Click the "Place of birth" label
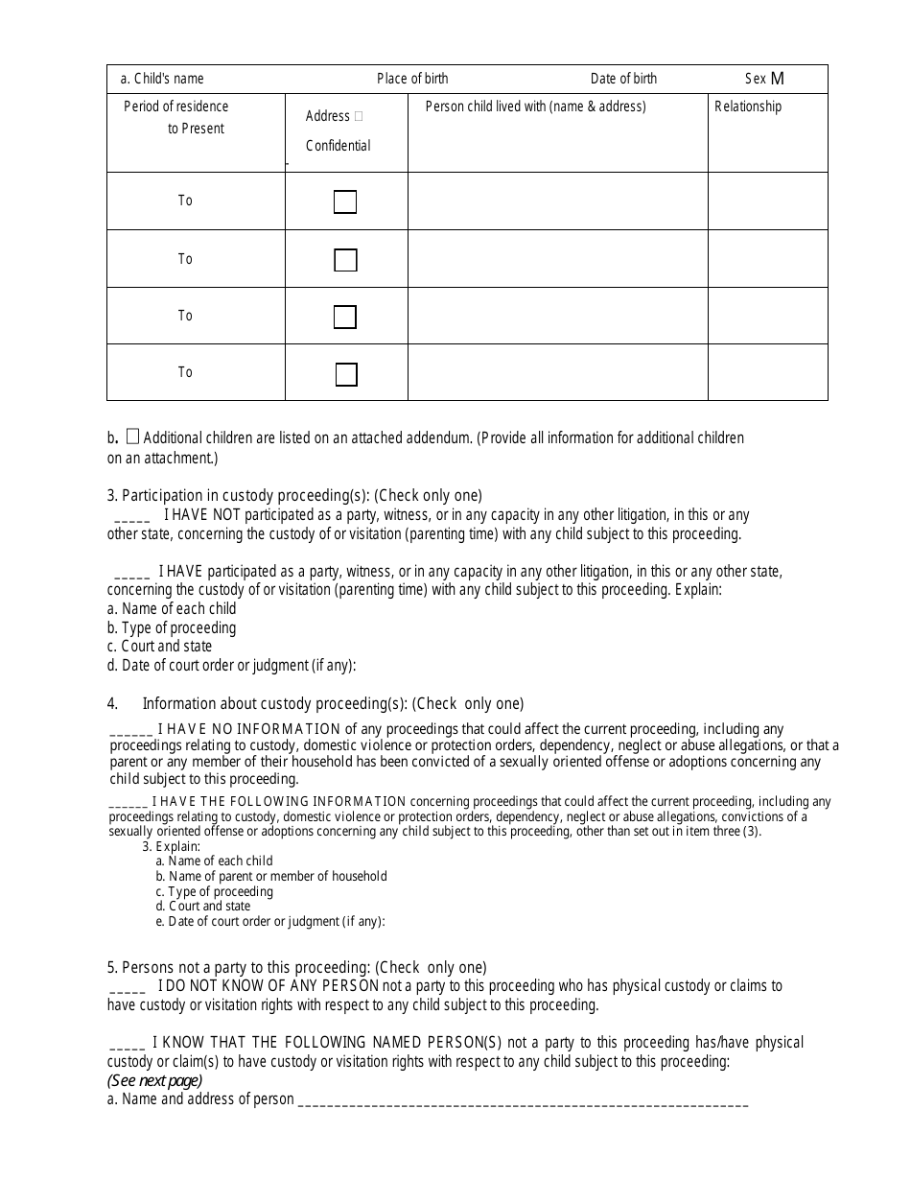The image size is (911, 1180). pos(412,79)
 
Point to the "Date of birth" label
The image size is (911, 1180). pos(623,79)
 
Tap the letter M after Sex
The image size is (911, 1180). pos(777,79)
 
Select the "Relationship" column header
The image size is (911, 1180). pos(748,106)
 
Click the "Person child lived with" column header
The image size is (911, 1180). pos(535,106)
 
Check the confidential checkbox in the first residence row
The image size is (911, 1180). pos(345,201)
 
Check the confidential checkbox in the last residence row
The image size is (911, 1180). pos(346,374)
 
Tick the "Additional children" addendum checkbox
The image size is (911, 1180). pos(133,437)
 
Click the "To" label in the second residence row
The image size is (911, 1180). pos(185,259)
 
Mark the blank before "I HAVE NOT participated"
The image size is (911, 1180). pos(131,516)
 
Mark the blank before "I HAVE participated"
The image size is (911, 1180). pos(131,573)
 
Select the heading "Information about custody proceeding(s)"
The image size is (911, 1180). pos(333,703)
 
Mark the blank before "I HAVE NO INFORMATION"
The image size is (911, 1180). pos(131,730)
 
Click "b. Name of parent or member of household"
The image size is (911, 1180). pos(271,876)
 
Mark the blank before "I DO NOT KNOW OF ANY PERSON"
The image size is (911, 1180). pos(128,987)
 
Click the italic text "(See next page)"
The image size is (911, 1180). pos(154,1080)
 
